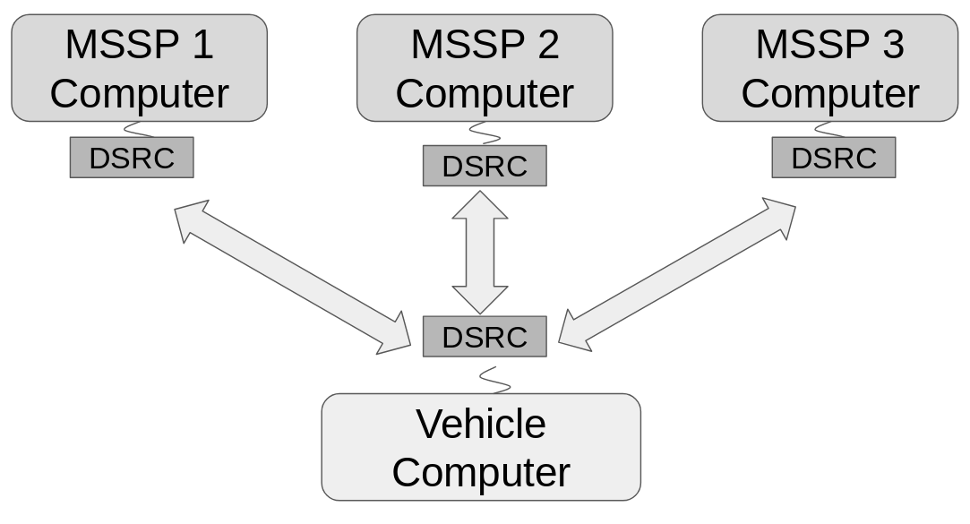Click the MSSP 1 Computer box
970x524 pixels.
139,68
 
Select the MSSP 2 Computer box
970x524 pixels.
485,68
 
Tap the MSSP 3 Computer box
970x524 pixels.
829,68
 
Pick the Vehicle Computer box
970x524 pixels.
481,447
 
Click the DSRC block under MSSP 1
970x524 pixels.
132,158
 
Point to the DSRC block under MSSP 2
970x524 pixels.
485,166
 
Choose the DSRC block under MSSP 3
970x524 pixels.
833,158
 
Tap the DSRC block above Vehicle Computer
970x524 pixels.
485,337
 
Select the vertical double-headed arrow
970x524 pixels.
480,252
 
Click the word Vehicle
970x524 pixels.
481,424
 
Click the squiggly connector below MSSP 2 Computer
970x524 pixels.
484,133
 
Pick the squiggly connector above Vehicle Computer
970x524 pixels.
495,379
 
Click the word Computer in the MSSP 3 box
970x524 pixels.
829,93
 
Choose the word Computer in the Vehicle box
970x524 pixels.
481,472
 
